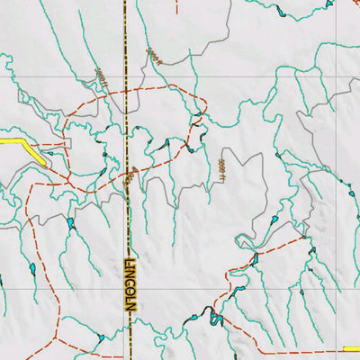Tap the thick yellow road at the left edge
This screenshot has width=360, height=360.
(27, 146)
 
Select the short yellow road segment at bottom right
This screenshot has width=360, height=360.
(352, 349)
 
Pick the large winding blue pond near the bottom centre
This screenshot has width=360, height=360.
(214, 316)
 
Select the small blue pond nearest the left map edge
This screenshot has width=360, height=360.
(31, 268)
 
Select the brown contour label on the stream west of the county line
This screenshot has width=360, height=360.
(102, 80)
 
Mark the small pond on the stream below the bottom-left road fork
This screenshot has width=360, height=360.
(100, 337)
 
